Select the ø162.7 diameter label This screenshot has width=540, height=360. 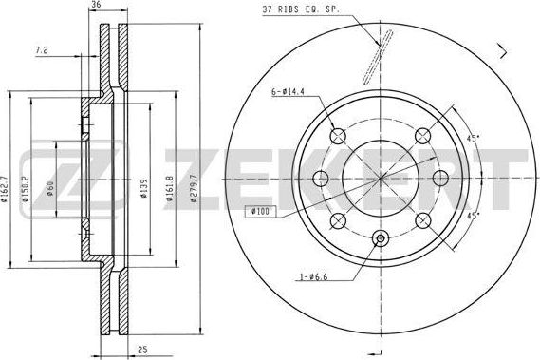click(x=8, y=179)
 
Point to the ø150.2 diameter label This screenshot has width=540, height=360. click(x=32, y=179)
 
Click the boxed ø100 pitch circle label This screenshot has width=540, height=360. click(x=259, y=211)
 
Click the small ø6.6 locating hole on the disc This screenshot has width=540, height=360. click(x=380, y=239)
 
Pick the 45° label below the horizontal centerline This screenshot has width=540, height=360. click(x=471, y=215)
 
